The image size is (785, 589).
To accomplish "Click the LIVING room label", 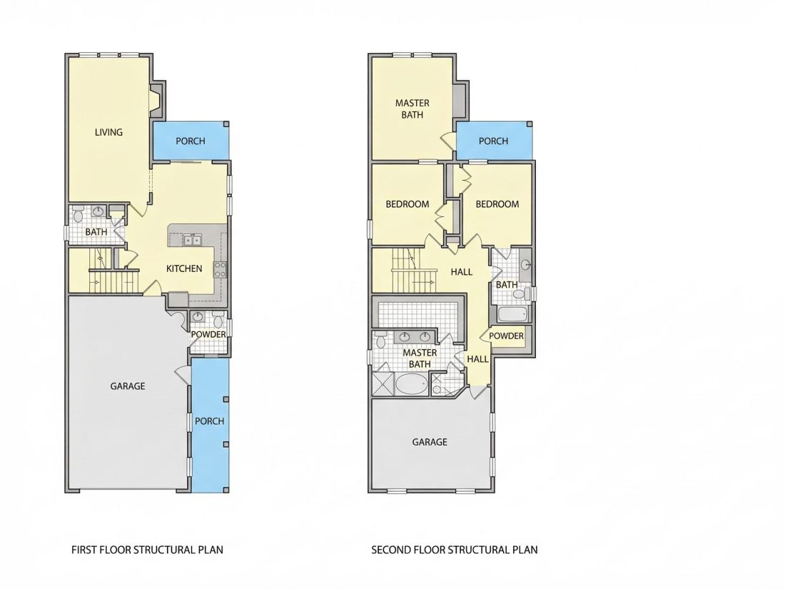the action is coord(108,132).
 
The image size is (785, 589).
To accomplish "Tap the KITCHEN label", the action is coord(184,268).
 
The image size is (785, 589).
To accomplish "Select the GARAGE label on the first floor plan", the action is coord(128,386).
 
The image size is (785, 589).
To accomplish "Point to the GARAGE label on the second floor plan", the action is coord(430,442).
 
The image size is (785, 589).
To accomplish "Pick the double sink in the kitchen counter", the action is coord(192,240).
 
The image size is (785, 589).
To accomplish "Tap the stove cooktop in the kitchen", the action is coord(220,269).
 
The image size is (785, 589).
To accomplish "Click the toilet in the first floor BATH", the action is coord(78,216).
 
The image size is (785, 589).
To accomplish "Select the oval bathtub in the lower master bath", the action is coord(411,385).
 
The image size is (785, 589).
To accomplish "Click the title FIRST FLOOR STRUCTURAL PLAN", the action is coord(147,550).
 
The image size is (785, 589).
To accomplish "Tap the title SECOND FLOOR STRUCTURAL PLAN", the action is coord(455,550).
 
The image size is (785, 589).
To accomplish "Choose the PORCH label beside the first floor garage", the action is coord(209,421).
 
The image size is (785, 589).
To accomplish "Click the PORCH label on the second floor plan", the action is coord(493,141).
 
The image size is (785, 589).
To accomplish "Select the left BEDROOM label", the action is coord(407,204).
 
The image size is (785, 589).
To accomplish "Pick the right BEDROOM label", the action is coord(497,204).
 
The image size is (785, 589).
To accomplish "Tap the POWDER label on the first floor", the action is coord(208,335).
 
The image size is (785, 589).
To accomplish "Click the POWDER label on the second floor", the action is coord(506,336).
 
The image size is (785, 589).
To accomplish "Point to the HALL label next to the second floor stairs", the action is coord(461,272).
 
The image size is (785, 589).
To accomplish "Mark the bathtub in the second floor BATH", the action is coord(512,315).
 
